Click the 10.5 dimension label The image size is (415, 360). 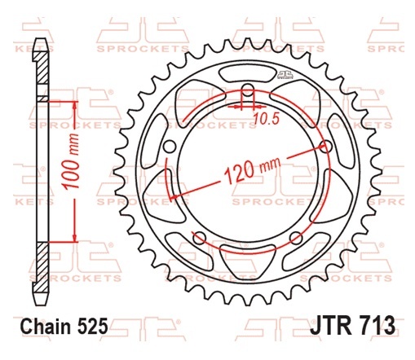(x=267, y=119)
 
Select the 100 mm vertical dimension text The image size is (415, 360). (x=70, y=161)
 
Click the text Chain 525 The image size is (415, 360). (x=64, y=326)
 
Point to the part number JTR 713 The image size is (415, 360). (x=353, y=325)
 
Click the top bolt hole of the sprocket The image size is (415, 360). (x=247, y=90)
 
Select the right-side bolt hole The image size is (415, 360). (x=326, y=147)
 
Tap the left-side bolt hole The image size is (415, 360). (x=170, y=147)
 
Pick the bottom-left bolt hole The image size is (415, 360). (x=199, y=238)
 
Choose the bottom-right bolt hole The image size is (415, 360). (x=296, y=238)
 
